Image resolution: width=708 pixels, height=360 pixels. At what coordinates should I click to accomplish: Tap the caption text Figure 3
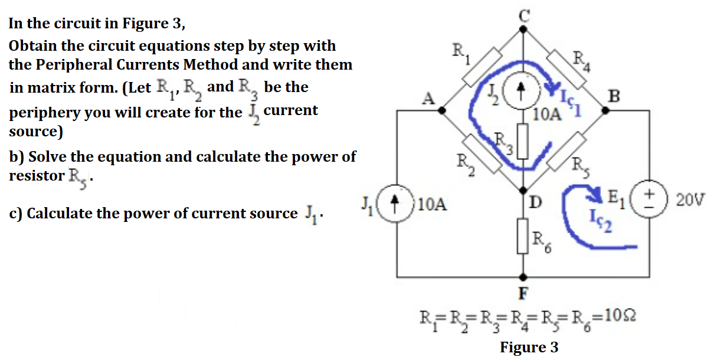coord(529,347)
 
